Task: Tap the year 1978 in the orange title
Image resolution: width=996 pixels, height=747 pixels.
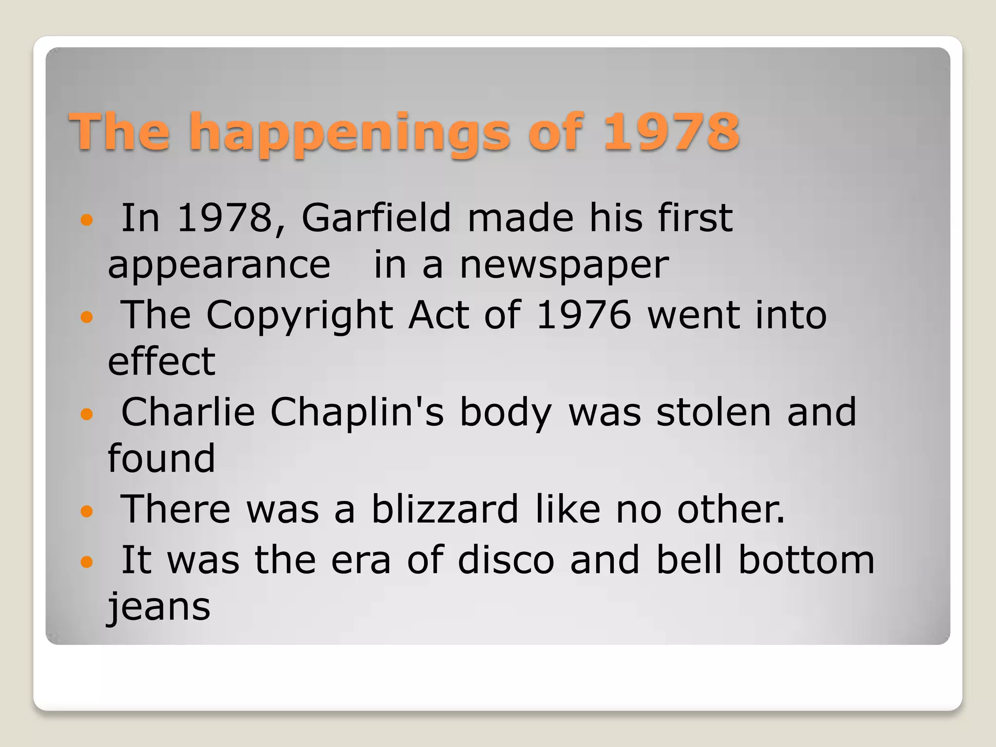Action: click(671, 131)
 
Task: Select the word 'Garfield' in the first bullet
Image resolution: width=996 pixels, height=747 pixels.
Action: click(376, 217)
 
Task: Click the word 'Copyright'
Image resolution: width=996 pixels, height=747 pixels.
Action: click(300, 315)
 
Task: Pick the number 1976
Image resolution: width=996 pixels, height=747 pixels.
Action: click(584, 315)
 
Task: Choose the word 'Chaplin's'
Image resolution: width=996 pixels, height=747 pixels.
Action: click(356, 412)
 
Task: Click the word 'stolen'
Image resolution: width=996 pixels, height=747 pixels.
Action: click(713, 412)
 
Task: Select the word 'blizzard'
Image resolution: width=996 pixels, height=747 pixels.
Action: click(445, 509)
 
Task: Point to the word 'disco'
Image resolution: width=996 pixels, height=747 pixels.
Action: click(506, 560)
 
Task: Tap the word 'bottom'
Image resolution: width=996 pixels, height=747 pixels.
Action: click(806, 560)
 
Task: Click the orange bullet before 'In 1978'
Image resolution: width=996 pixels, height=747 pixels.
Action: click(87, 220)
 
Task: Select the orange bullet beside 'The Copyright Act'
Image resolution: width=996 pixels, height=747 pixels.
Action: click(87, 318)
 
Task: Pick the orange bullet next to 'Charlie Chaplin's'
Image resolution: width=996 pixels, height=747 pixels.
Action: click(87, 414)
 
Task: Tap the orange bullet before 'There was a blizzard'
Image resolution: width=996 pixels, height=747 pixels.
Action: click(87, 511)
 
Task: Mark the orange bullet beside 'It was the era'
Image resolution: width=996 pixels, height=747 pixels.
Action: click(87, 562)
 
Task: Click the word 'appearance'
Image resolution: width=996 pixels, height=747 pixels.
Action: click(219, 266)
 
